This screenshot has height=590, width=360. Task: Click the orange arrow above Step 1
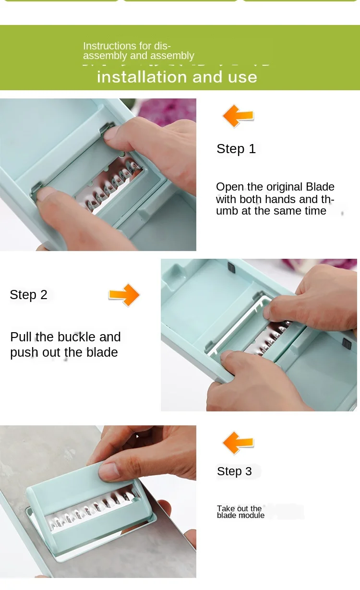238,116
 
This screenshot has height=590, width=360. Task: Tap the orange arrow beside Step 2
124,295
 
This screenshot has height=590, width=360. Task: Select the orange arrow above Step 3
238,443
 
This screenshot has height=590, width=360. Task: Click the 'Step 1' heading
236,149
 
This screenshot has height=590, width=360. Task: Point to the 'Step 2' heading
28,295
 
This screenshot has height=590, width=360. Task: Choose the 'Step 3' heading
234,471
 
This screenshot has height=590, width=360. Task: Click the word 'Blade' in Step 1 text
320,187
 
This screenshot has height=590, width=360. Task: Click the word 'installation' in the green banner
142,77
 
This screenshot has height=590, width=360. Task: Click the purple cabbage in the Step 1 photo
168,110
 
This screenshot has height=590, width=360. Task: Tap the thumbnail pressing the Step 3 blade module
108,471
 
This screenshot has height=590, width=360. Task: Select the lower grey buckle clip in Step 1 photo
36,189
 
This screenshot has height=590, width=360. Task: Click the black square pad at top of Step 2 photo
231,267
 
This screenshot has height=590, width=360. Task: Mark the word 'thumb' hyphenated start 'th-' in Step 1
328,199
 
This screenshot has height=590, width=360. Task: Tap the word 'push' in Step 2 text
24,353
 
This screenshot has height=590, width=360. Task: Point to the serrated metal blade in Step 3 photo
92,510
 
